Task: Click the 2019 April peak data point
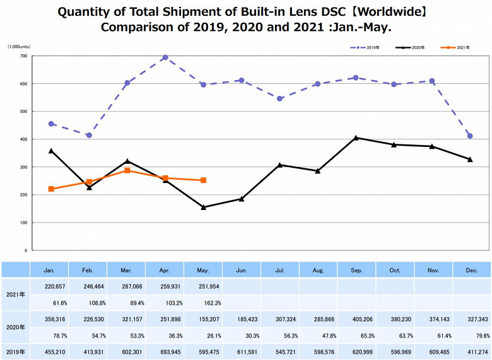pyautogui.click(x=165, y=57)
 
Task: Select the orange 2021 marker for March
pyautogui.click(x=127, y=170)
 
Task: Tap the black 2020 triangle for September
pyautogui.click(x=356, y=137)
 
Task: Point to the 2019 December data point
pyautogui.click(x=470, y=136)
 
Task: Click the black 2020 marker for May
pyautogui.click(x=203, y=207)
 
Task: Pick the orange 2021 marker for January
pyautogui.click(x=51, y=189)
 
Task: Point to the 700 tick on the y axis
pyautogui.click(x=23, y=56)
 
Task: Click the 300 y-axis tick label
pyautogui.click(x=23, y=167)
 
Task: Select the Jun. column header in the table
pyautogui.click(x=242, y=270)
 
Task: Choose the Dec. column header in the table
pyautogui.click(x=471, y=270)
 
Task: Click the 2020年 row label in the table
pyautogui.click(x=16, y=328)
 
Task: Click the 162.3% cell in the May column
pyautogui.click(x=203, y=303)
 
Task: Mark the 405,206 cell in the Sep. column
pyautogui.click(x=356, y=320)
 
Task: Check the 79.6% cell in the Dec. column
pyautogui.click(x=471, y=336)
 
